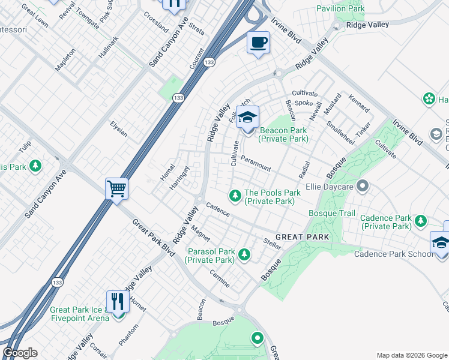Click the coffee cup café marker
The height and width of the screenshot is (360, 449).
(259, 43)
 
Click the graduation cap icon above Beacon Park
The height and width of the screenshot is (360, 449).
(247, 117)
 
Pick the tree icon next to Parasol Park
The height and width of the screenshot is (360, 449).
(244, 255)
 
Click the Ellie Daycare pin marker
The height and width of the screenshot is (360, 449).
(362, 186)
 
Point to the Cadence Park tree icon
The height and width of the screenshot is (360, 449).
(421, 222)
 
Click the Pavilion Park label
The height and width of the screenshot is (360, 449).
(340, 9)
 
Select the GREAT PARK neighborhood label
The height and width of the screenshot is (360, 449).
(303, 237)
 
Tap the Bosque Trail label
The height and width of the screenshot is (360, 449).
(332, 213)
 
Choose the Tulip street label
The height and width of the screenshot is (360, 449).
(25, 147)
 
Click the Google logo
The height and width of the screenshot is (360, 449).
(20, 353)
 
